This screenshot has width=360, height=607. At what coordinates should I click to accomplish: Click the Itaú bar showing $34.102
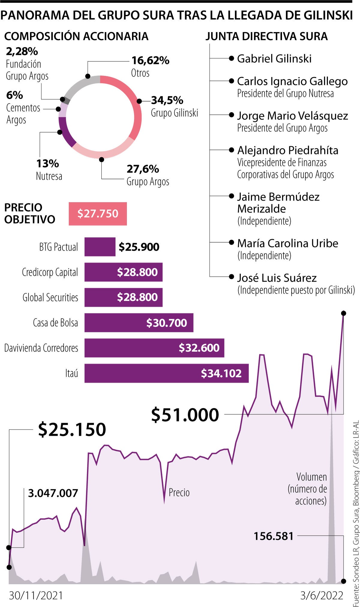166,373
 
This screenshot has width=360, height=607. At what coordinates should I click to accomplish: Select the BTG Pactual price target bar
100,247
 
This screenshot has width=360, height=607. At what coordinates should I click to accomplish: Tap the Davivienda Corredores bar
154,348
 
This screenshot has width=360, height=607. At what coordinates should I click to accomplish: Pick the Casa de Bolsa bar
139,323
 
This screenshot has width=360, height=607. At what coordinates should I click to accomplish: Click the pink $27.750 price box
98,214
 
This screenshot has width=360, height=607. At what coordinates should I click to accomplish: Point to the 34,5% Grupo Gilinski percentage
167,100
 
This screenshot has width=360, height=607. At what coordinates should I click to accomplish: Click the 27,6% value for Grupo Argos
143,169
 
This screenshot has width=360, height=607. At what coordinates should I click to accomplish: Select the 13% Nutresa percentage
48,164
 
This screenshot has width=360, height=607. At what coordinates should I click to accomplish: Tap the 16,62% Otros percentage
150,61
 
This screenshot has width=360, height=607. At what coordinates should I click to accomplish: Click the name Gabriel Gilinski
274,58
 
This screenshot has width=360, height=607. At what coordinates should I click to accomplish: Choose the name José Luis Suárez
277,278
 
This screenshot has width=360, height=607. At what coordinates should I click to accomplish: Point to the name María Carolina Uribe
288,243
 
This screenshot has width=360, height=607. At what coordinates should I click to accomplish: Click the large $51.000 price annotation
185,415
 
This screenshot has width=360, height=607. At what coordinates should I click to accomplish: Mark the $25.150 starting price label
72,429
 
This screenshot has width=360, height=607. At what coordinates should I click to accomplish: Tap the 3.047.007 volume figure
53,493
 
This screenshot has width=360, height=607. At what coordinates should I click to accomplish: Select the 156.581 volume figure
274,536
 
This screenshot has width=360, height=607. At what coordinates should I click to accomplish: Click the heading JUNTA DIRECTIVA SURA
267,37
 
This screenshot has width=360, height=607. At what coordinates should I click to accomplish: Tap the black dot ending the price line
344,313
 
